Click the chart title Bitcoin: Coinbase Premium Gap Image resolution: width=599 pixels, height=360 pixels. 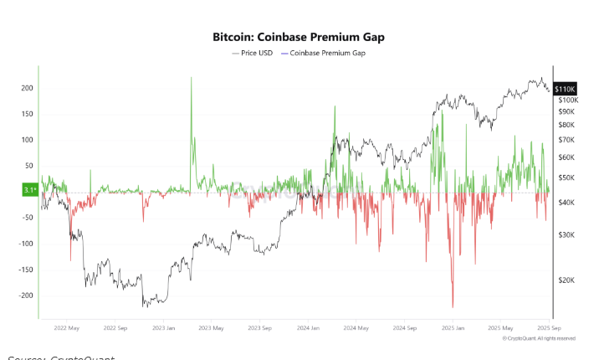[299, 38]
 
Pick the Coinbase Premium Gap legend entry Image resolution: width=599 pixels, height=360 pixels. [327, 53]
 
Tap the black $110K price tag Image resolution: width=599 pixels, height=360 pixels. [564, 88]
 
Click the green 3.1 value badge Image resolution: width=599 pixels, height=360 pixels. [30, 191]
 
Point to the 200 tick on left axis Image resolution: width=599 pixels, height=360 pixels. [27, 88]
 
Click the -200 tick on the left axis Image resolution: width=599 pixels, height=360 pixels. [25, 296]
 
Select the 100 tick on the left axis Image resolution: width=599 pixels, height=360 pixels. [27, 140]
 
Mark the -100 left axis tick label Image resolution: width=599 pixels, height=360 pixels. [25, 244]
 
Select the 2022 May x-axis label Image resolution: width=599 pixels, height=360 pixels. [66, 329]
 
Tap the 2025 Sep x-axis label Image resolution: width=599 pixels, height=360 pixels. [548, 329]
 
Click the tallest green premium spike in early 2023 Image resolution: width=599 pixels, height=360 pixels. [192, 78]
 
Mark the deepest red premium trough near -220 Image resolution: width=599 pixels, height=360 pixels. [453, 306]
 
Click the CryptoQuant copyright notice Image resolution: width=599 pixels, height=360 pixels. [539, 338]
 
